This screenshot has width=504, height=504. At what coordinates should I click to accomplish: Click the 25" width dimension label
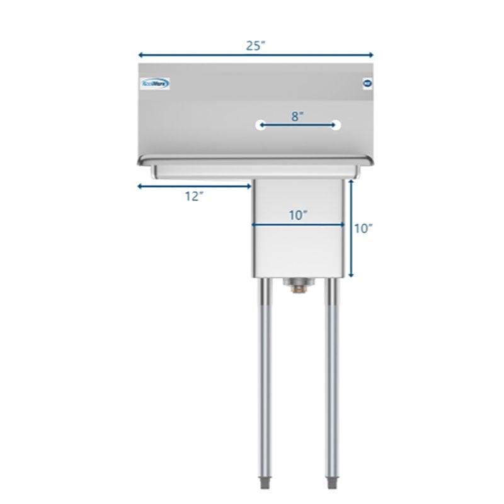click(255, 45)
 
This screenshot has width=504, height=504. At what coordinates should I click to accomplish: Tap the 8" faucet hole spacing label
click(298, 115)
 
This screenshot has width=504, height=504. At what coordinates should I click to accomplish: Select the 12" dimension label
click(195, 196)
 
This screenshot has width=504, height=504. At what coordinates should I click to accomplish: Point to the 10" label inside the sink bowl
click(298, 214)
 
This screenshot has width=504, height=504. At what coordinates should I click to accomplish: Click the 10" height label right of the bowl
click(364, 229)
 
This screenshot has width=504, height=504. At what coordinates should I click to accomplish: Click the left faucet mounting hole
click(261, 125)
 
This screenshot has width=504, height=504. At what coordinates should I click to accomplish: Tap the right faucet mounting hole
click(336, 125)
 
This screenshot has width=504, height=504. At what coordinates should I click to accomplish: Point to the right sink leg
click(331, 378)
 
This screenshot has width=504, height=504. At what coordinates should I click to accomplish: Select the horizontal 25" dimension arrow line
click(189, 55)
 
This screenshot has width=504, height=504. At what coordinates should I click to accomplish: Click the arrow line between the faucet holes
click(298, 125)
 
